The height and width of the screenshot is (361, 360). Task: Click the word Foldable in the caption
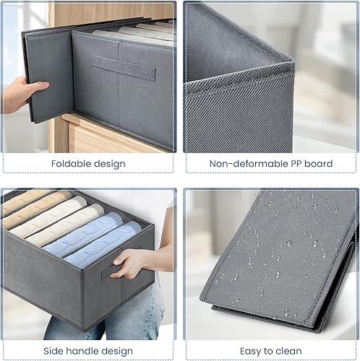coord(71,164)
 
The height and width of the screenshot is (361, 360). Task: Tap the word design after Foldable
coord(110,164)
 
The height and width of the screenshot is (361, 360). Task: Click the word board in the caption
coord(319,164)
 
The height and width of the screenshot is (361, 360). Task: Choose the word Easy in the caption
coord(251,352)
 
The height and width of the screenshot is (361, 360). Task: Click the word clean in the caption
coord(288,351)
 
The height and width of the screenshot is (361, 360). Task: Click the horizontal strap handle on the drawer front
coord(123,68)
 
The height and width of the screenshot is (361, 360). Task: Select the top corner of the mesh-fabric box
coord(293,60)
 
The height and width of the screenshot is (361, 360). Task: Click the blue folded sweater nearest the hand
coord(103,243)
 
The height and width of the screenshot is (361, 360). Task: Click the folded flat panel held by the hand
coord(49,77)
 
